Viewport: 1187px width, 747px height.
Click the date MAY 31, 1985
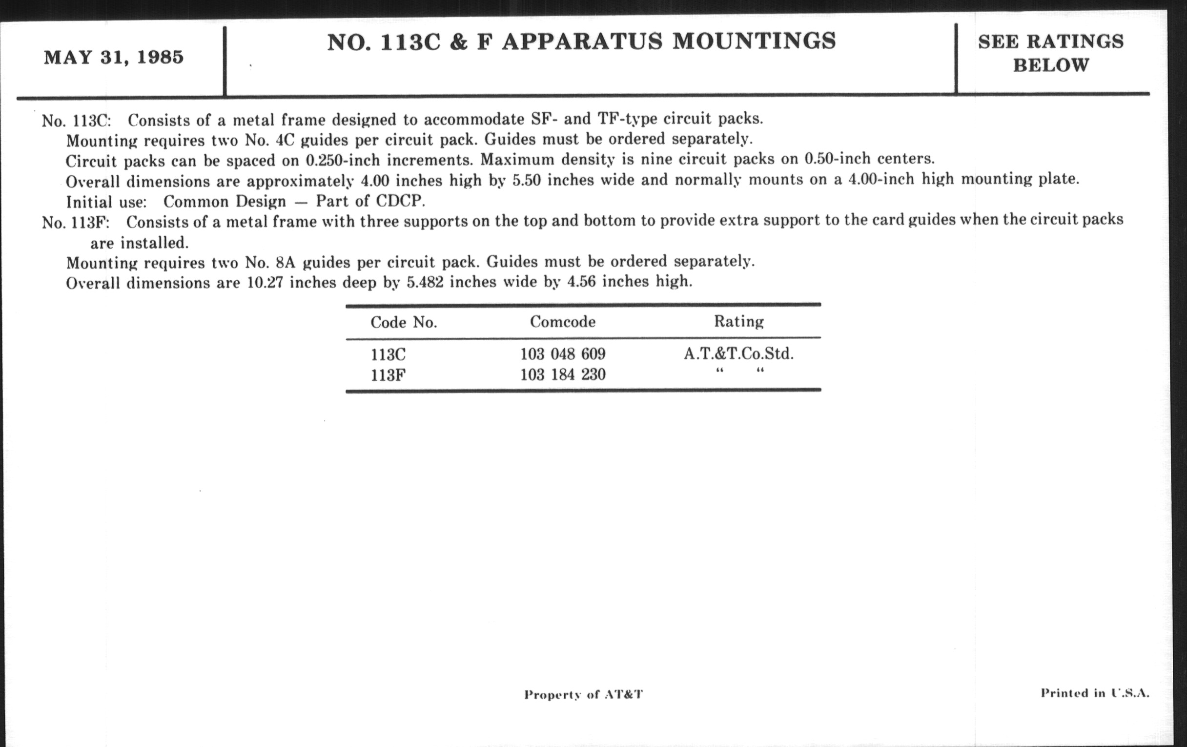click(x=113, y=58)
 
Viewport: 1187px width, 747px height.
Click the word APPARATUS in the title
click(x=582, y=41)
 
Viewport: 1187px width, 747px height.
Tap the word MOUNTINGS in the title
click(x=754, y=41)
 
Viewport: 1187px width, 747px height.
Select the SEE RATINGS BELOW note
click(x=1050, y=53)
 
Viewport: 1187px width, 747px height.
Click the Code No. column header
click(x=404, y=322)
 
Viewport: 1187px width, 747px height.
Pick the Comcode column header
click(x=562, y=322)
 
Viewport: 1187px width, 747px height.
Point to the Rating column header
click(x=738, y=321)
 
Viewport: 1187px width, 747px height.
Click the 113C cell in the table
click(x=388, y=354)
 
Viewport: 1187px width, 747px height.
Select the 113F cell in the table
click(x=388, y=375)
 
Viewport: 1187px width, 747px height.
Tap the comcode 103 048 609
click(x=562, y=354)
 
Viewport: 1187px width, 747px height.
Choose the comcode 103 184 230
click(x=562, y=375)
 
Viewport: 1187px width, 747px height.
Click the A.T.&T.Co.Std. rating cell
click(x=738, y=353)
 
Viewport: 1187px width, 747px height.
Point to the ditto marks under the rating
click(x=739, y=371)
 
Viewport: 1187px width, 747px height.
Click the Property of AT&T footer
click(x=583, y=695)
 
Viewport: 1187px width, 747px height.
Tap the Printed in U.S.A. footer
click(x=1095, y=693)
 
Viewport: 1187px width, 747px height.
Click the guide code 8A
click(x=286, y=262)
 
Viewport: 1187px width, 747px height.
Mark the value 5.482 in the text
click(x=425, y=283)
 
